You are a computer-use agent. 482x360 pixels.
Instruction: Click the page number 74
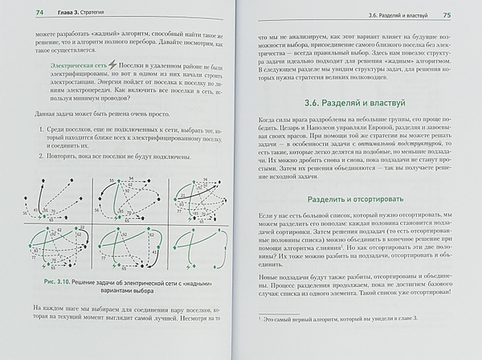pyautogui.click(x=18, y=14)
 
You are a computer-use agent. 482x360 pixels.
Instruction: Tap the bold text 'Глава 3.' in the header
pyautogui.click(x=54, y=14)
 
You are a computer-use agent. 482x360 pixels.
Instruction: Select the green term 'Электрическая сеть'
pyautogui.click(x=72, y=68)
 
